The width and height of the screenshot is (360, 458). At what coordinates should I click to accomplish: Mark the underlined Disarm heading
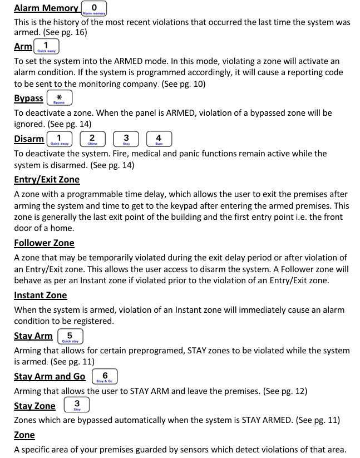pyautogui.click(x=29, y=139)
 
